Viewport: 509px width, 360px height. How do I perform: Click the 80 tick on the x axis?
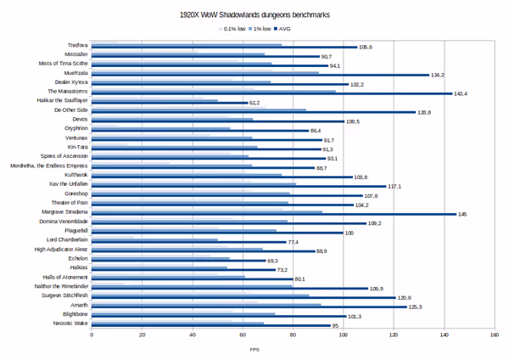click(293, 335)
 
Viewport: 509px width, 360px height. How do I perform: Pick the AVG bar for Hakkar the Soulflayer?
click(170, 103)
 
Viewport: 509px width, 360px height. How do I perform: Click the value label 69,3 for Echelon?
click(273, 261)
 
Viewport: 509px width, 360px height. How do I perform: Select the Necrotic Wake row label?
click(70, 324)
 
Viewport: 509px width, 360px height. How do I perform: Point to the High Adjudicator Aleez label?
click(61, 250)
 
